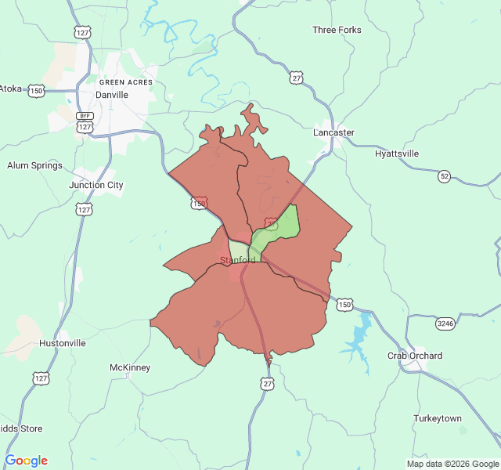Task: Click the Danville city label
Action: [x=111, y=95]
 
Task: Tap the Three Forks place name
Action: [x=337, y=30]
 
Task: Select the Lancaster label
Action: [x=333, y=132]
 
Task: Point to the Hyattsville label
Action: [x=397, y=154]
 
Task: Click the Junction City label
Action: [x=96, y=186]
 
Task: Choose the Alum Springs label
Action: [x=34, y=166]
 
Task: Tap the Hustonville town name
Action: [x=63, y=343]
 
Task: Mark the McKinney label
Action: [x=130, y=367]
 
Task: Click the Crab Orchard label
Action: [x=415, y=356]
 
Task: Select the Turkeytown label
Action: [x=438, y=418]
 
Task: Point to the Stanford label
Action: [x=237, y=260]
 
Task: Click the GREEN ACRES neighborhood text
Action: [x=126, y=82]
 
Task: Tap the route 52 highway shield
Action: [x=445, y=176]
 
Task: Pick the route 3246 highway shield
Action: [x=445, y=323]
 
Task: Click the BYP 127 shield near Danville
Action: [x=85, y=121]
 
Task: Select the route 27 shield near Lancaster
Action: [x=295, y=78]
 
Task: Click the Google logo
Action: [x=27, y=461]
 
